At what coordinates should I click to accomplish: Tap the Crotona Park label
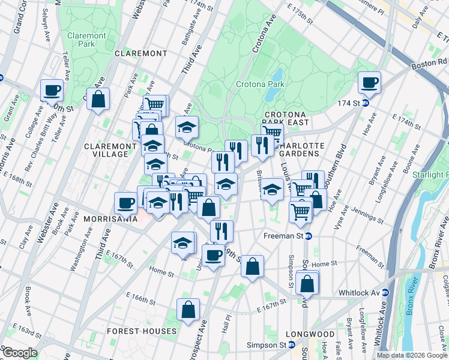[259, 85]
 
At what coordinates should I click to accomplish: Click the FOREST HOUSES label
[141, 331]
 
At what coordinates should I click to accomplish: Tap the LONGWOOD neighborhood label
[310, 334]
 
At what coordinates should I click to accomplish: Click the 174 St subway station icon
[366, 103]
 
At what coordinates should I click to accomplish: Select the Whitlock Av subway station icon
[385, 292]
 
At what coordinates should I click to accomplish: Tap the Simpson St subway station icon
[291, 345]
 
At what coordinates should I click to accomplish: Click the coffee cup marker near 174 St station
[369, 82]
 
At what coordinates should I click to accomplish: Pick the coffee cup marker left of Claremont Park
[52, 90]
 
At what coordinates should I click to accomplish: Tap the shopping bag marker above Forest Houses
[188, 310]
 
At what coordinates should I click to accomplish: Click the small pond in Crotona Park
[277, 75]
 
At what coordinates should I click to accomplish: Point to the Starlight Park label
[430, 174]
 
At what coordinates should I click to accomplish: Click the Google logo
[19, 352]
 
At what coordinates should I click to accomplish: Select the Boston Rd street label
[429, 61]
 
